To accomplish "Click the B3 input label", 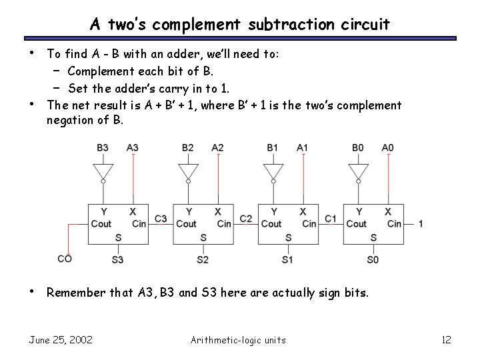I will pyautogui.click(x=103, y=147).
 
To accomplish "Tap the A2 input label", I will pyautogui.click(x=217, y=147).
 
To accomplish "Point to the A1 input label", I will pyautogui.click(x=303, y=147).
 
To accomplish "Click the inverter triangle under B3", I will pyautogui.click(x=103, y=170).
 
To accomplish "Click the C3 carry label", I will pyautogui.click(x=161, y=219).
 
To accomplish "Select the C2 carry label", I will pyautogui.click(x=245, y=219).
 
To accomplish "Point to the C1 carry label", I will pyautogui.click(x=331, y=219).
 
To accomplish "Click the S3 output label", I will pyautogui.click(x=117, y=259).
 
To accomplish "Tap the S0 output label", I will pyautogui.click(x=373, y=259).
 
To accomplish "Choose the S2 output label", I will pyautogui.click(x=203, y=259).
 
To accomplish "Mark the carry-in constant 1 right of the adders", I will pyautogui.click(x=421, y=224).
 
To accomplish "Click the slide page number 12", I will pyautogui.click(x=446, y=340).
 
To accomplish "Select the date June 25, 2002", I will pyautogui.click(x=61, y=340).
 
